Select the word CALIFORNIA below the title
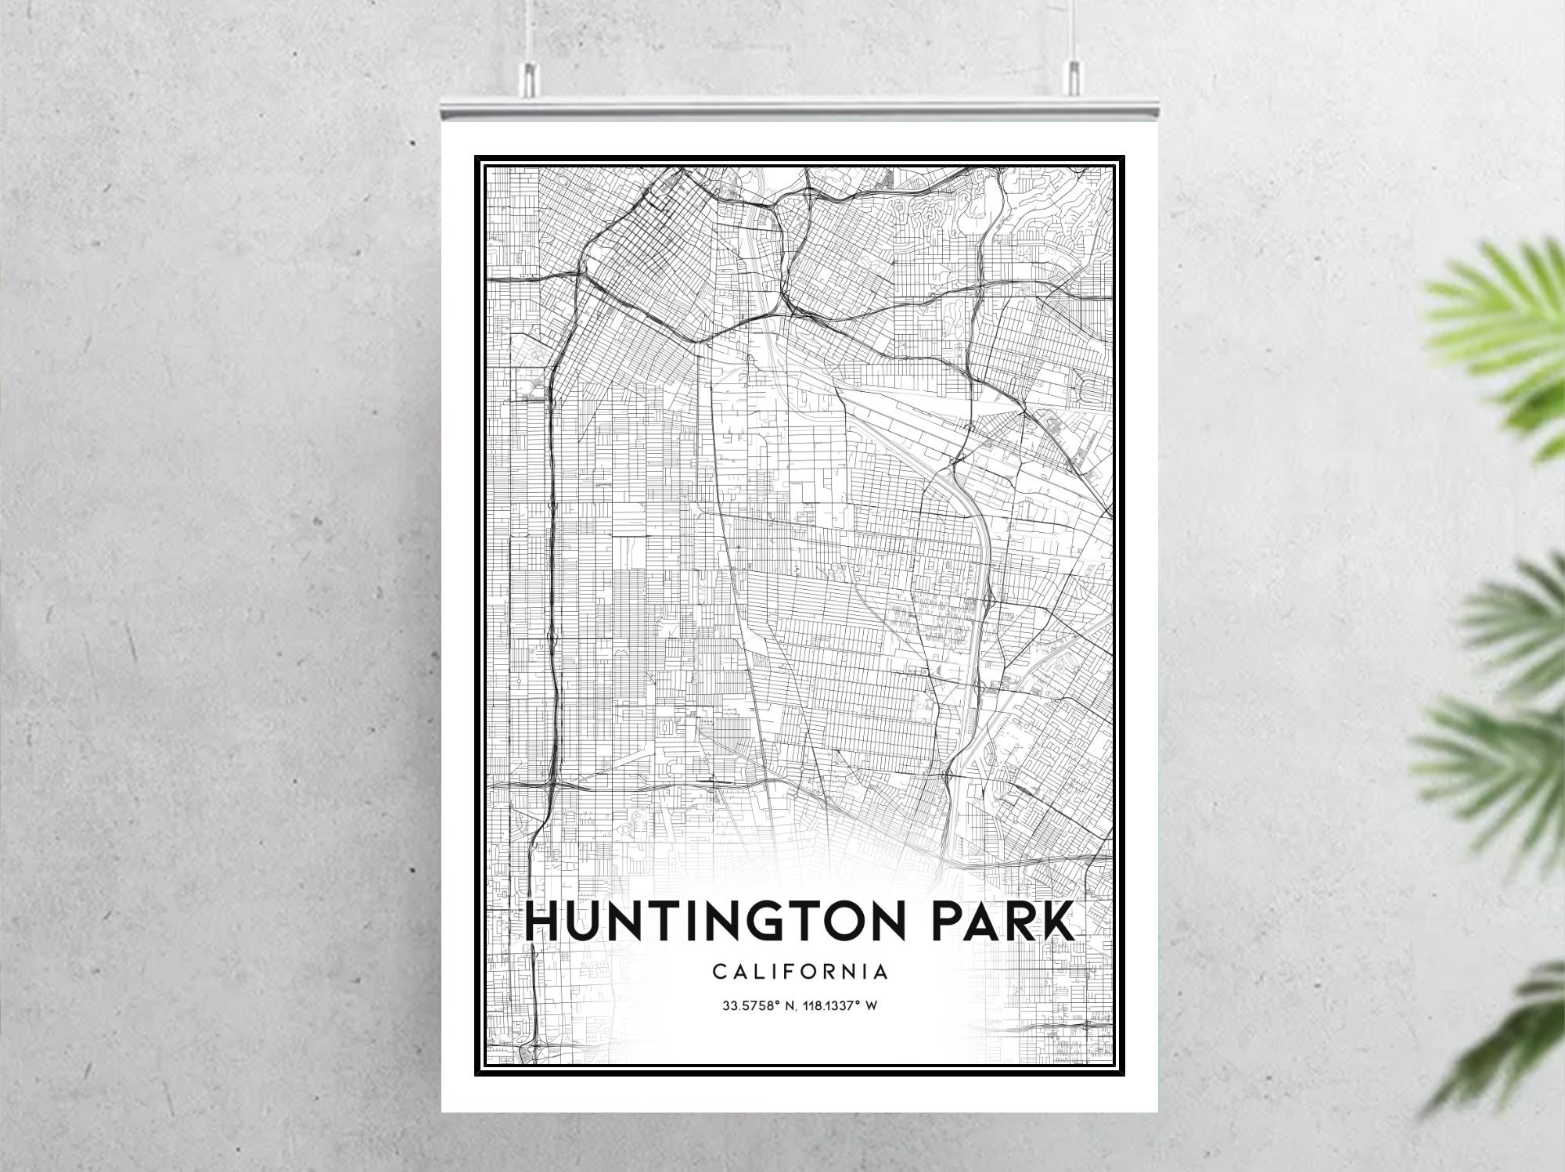(800, 972)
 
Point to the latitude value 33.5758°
(750, 1006)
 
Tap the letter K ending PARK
(1058, 922)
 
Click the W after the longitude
(870, 1006)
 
